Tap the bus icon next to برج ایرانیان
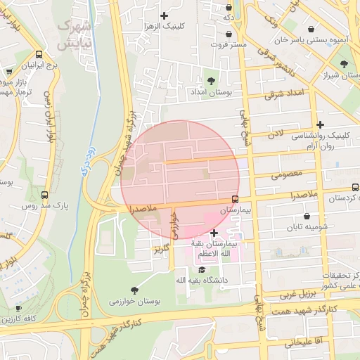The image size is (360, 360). [x=39, y=53]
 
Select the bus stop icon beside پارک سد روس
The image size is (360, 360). [x=45, y=195]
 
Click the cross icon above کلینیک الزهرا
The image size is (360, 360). [x=165, y=15]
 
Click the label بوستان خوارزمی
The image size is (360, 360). [x=135, y=301]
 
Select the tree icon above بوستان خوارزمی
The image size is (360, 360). [x=134, y=289]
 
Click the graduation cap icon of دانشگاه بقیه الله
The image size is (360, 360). [x=202, y=269]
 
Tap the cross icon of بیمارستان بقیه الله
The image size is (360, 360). [x=214, y=233]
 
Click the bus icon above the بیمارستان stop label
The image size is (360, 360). [x=235, y=199]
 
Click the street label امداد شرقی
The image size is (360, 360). [x=285, y=94]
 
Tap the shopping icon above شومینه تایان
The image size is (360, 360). [x=307, y=216]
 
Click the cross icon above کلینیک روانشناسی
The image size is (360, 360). [x=321, y=124]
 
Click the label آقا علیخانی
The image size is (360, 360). [x=303, y=342]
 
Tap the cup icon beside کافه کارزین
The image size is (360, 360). [x=18, y=309]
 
